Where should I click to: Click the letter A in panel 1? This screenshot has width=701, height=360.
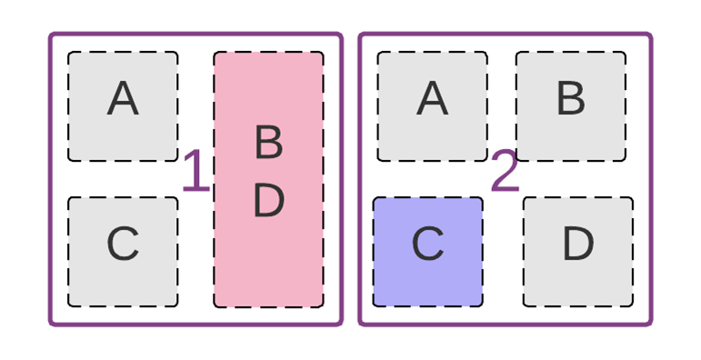[123, 98]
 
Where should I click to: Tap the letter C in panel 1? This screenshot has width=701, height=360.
[123, 244]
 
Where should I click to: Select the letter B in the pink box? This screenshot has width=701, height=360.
[268, 143]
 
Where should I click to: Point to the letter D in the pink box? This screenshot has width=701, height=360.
[268, 201]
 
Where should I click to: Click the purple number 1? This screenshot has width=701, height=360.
[195, 173]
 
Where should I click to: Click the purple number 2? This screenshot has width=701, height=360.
[505, 173]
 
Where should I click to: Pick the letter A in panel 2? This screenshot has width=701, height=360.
[433, 98]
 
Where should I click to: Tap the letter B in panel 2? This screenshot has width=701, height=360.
[570, 98]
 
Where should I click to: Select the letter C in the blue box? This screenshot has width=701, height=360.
[427, 244]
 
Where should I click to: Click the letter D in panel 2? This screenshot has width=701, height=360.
[577, 244]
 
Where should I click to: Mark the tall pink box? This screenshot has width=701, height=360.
[268, 264]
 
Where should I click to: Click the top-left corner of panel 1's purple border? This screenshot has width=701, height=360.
[52, 36]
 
